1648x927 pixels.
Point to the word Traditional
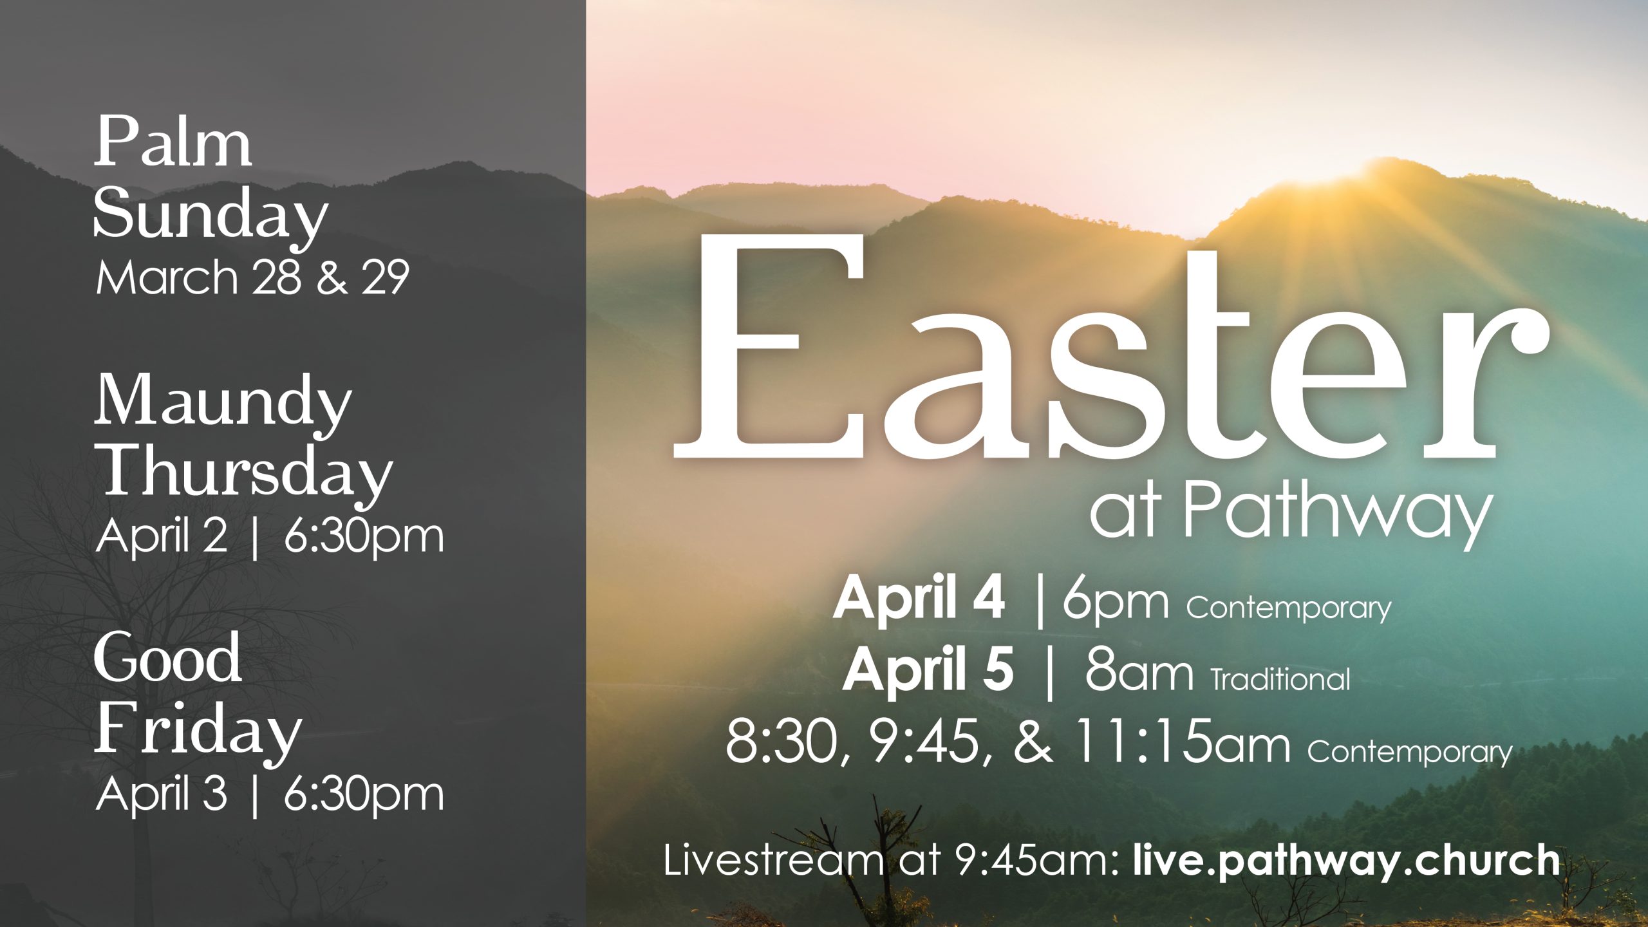pyautogui.click(x=1280, y=679)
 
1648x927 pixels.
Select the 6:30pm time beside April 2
pyautogui.click(x=364, y=538)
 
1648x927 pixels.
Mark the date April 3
pyautogui.click(x=161, y=794)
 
